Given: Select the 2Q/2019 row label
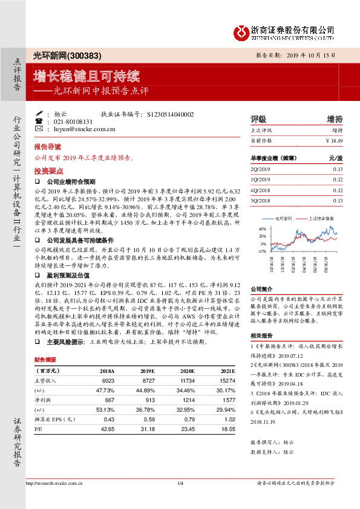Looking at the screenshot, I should coord(260,169).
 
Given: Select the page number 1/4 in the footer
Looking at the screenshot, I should coord(180,483).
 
